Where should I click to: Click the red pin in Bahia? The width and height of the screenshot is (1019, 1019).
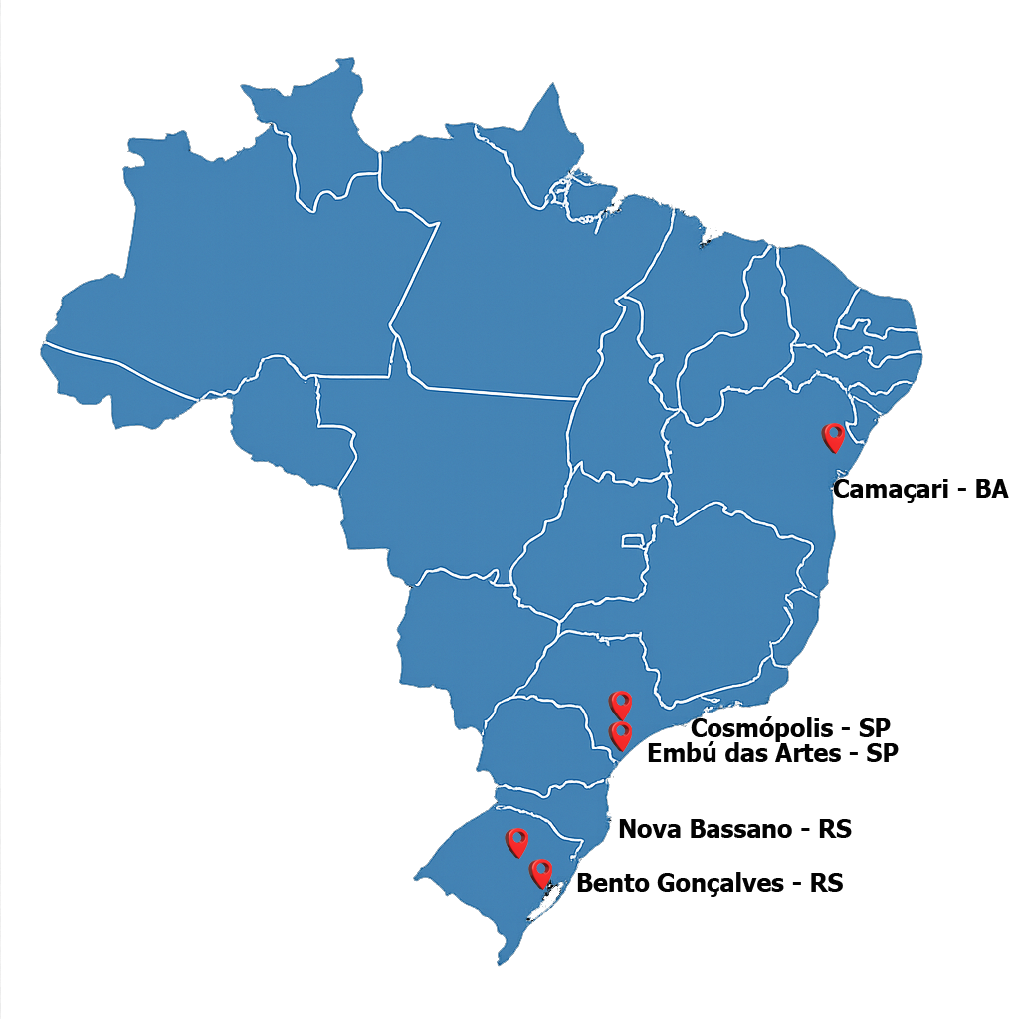pos(833,436)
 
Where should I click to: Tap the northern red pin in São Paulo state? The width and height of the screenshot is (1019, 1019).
pos(621,704)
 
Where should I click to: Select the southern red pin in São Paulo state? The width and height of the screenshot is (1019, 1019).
pos(621,735)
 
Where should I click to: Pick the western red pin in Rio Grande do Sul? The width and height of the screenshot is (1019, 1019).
pos(516,842)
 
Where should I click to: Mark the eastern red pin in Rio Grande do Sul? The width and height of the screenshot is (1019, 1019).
pos(541,873)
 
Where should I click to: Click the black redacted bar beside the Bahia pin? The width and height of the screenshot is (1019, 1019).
pos(920,491)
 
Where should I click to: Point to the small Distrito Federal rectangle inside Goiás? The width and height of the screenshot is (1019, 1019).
pos(633,541)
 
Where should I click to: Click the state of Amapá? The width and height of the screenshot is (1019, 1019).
pos(542,149)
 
